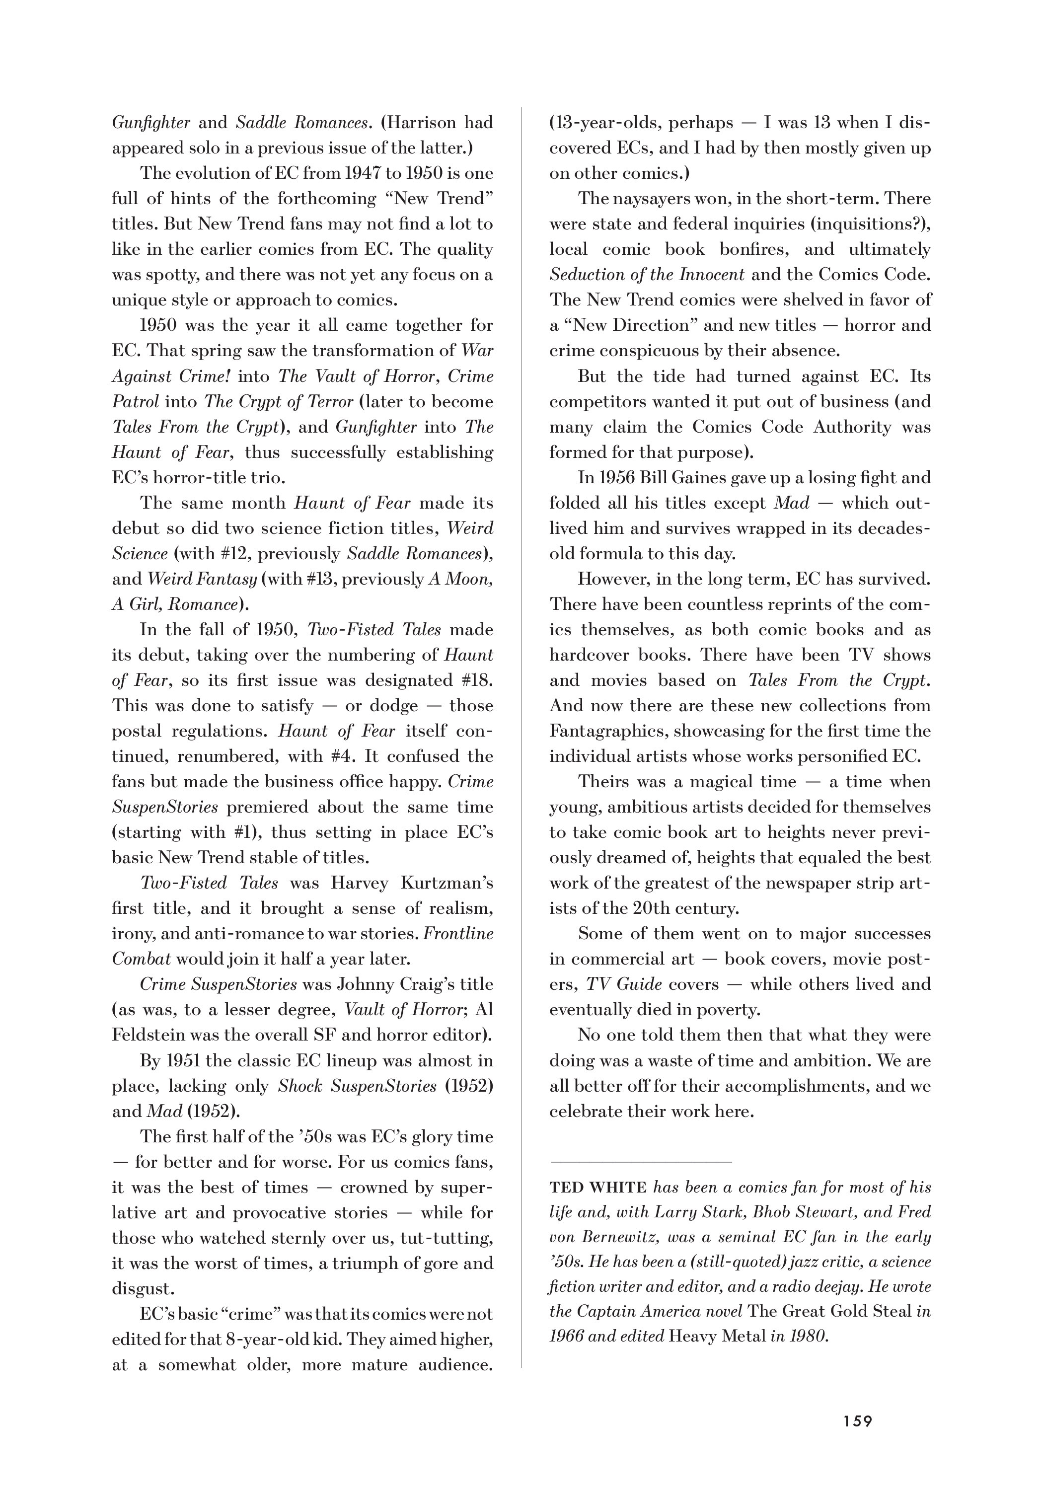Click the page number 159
click(857, 1421)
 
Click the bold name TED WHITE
click(598, 1188)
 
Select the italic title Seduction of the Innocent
click(647, 275)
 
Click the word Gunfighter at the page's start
click(151, 123)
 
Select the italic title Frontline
click(458, 934)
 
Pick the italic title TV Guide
click(624, 984)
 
